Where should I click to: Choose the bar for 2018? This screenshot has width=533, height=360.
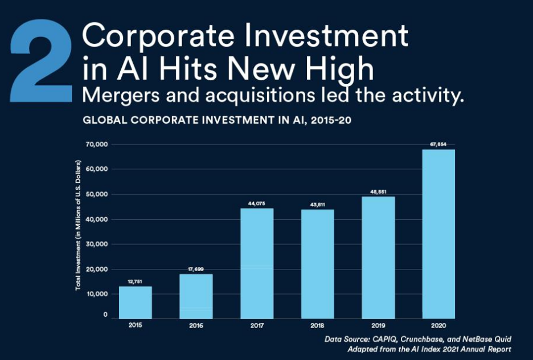(x=317, y=264)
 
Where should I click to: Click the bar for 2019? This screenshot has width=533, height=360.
(x=378, y=257)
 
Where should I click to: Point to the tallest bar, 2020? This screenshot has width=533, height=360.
(x=438, y=234)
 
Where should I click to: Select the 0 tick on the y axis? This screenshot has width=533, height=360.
(x=105, y=314)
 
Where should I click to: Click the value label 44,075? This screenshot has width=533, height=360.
(x=257, y=203)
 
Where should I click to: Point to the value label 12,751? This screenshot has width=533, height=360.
(x=135, y=281)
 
